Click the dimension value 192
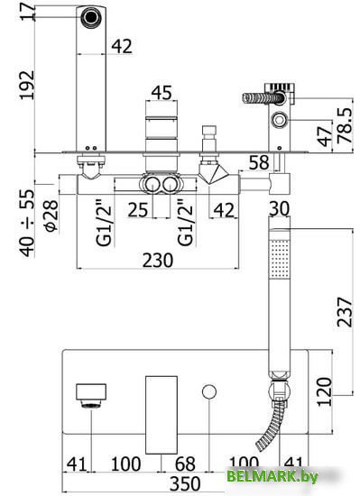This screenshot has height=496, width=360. [x=27, y=85]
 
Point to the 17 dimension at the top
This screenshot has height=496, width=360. [x=27, y=12]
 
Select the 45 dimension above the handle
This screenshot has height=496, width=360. [x=162, y=93]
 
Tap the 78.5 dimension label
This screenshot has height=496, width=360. [x=345, y=125]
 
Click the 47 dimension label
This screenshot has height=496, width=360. [x=325, y=136]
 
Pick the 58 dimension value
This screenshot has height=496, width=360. [x=259, y=162]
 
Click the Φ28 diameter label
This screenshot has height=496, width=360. [x=51, y=216]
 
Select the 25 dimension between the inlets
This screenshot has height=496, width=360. [x=138, y=210]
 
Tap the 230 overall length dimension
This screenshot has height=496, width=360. [x=158, y=261]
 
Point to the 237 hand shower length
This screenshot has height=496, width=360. [x=345, y=312]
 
